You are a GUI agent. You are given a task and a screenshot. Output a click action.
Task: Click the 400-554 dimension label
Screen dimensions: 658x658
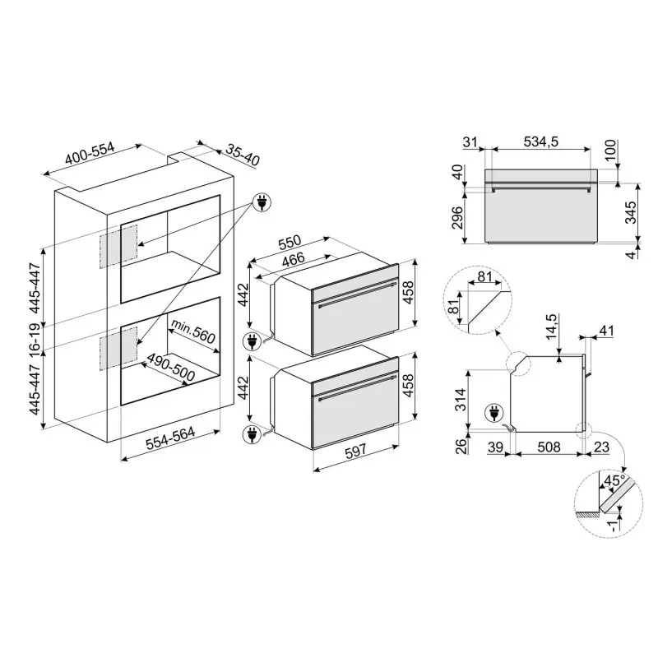90,154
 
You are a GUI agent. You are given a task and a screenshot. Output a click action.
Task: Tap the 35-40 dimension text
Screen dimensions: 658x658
243,155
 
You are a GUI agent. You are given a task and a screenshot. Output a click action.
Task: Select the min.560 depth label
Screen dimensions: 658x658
193,331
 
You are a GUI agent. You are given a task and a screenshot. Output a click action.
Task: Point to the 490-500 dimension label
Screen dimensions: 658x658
171,367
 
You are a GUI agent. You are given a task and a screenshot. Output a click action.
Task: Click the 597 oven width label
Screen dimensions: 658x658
355,451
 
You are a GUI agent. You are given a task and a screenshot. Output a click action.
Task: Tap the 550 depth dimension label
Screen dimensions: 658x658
290,242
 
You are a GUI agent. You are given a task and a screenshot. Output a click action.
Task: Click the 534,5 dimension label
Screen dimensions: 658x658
541,141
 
